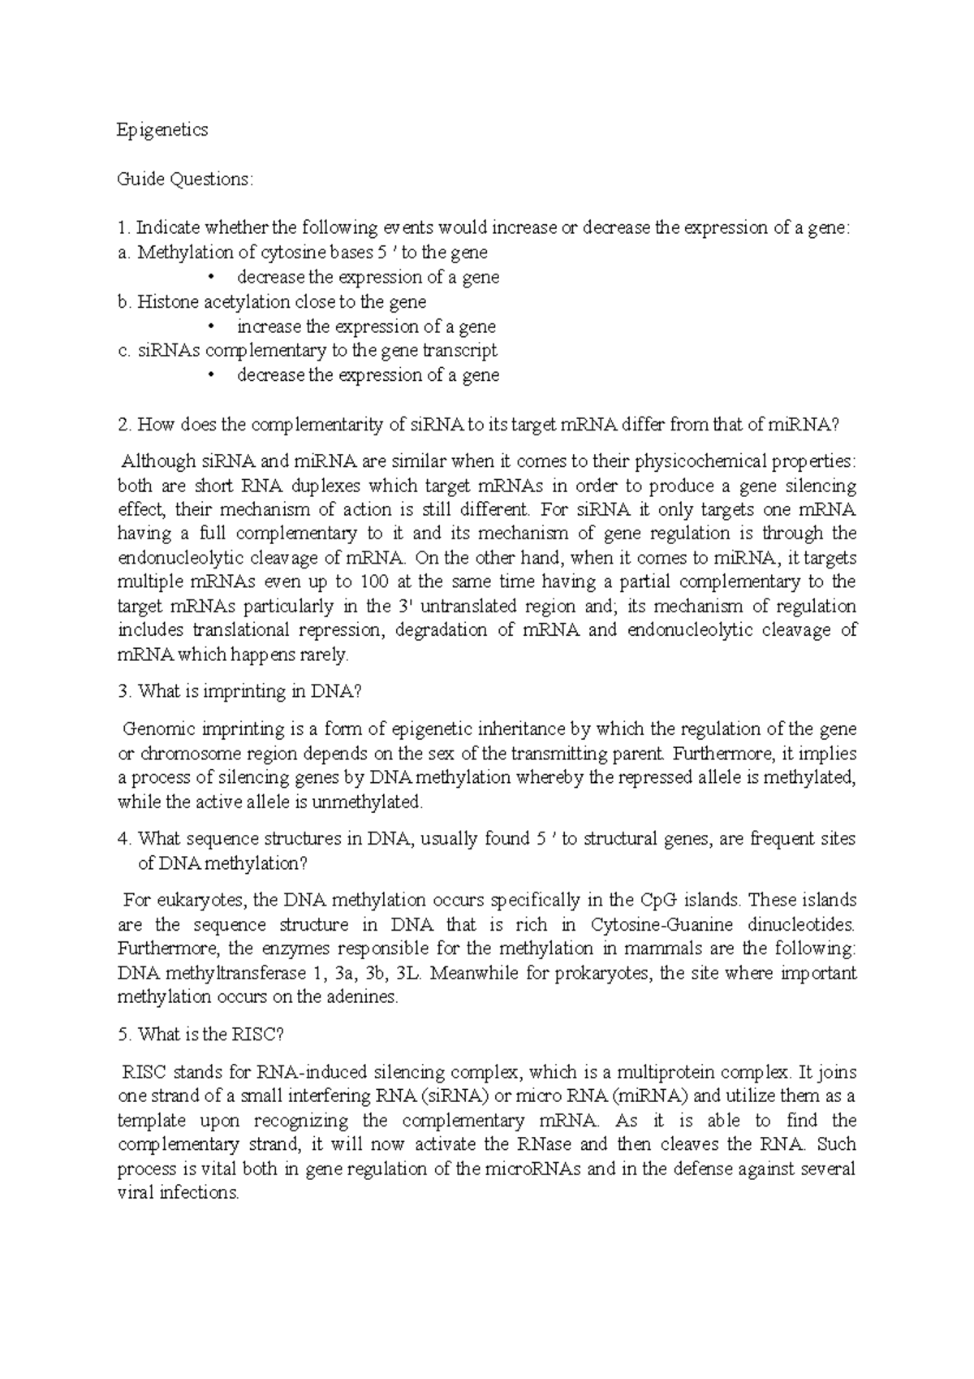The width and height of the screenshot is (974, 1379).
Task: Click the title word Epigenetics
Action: pos(162,130)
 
